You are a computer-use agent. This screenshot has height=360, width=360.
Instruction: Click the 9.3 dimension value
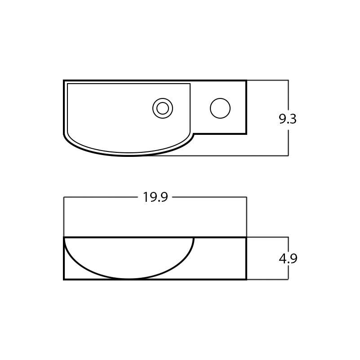pyautogui.click(x=288, y=119)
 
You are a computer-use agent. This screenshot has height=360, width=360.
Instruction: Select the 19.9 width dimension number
pyautogui.click(x=155, y=197)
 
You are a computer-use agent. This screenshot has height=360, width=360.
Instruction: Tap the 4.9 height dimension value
pyautogui.click(x=288, y=259)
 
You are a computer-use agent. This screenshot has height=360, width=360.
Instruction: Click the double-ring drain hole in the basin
pyautogui.click(x=163, y=108)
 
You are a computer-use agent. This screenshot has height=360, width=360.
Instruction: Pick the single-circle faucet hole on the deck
pyautogui.click(x=220, y=108)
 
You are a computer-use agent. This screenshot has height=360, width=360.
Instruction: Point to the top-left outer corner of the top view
pyautogui.click(x=64, y=81)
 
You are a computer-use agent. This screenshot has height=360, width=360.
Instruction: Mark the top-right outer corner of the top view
pyautogui.click(x=246, y=81)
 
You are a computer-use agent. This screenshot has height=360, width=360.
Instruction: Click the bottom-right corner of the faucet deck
pyautogui.click(x=246, y=134)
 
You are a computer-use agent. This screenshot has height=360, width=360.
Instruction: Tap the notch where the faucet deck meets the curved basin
pyautogui.click(x=194, y=134)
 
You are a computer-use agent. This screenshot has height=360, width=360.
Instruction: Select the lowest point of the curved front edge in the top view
pyautogui.click(x=129, y=156)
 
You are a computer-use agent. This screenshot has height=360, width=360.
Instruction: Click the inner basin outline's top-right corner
pyautogui.click(x=190, y=84)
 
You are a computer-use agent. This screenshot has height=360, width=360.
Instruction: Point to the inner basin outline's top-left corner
pyautogui.click(x=67, y=84)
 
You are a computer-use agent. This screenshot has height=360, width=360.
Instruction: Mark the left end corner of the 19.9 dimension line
pyautogui.click(x=64, y=197)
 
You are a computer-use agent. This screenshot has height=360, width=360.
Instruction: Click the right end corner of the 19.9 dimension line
pyautogui.click(x=246, y=197)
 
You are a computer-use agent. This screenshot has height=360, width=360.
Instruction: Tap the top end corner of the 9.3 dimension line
pyautogui.click(x=288, y=80)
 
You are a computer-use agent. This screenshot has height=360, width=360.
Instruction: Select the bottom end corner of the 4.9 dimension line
pyautogui.click(x=288, y=279)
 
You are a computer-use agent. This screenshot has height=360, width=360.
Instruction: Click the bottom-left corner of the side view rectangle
pyautogui.click(x=64, y=279)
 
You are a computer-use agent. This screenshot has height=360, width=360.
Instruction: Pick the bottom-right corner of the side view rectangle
pyautogui.click(x=246, y=279)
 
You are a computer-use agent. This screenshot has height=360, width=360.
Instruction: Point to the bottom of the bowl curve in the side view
pyautogui.click(x=129, y=279)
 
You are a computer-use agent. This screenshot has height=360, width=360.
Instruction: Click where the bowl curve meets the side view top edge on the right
pyautogui.click(x=194, y=238)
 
